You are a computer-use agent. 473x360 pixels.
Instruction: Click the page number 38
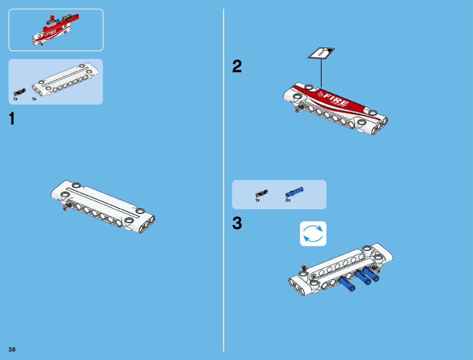[12, 349]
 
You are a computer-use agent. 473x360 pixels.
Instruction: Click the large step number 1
[12, 118]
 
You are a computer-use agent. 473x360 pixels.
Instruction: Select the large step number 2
[237, 66]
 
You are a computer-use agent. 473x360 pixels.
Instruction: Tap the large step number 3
[237, 223]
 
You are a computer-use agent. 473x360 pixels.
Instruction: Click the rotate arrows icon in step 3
[313, 234]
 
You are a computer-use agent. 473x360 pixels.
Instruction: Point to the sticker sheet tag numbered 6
[321, 53]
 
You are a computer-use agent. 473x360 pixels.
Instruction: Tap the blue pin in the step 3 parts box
[294, 192]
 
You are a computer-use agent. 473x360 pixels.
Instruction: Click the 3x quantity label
[288, 200]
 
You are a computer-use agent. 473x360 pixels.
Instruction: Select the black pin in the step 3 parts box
[262, 193]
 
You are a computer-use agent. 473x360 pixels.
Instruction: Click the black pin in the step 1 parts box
[20, 92]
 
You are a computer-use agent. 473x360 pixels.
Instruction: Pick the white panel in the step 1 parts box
[65, 79]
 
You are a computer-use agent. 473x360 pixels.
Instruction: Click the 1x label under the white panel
[34, 99]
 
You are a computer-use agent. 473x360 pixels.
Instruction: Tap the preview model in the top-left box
[56, 29]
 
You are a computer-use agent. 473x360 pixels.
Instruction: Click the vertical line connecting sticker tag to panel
[321, 73]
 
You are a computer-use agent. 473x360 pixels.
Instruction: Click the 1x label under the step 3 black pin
[258, 200]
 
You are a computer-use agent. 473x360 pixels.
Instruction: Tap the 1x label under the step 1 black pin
[15, 99]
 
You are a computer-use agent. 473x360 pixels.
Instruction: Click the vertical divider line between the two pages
[224, 180]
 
